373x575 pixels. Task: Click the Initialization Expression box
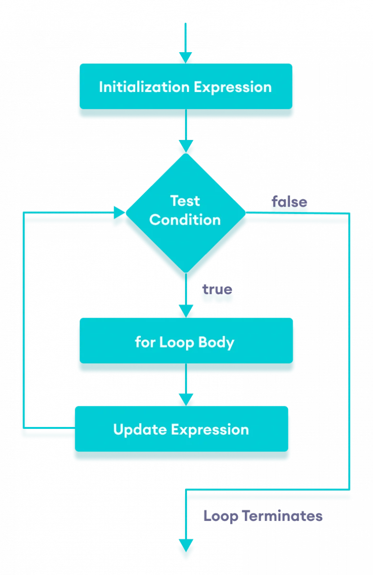185,87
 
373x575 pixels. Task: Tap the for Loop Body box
185,342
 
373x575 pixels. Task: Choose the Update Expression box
181,429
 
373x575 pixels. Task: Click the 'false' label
289,202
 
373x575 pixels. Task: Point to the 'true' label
217,289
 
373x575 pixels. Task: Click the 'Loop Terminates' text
263,516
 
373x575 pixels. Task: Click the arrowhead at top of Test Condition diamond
185,146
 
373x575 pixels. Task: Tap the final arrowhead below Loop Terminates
185,545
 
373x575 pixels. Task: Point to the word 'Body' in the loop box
216,342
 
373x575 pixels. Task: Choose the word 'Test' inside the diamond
185,200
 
